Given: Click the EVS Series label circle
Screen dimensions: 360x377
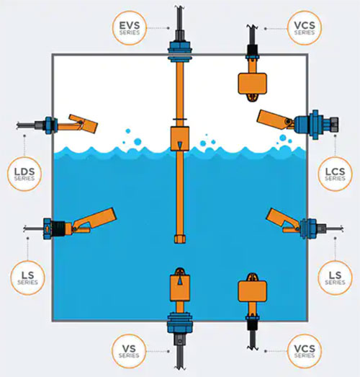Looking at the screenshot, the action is tap(130, 28).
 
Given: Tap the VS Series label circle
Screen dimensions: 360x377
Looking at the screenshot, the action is tap(129, 351).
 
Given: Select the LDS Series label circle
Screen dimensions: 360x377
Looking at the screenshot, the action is tap(24, 174).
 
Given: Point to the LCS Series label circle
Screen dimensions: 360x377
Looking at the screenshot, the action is tap(335, 174).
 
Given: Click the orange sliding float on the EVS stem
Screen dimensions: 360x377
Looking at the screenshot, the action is tap(179, 138).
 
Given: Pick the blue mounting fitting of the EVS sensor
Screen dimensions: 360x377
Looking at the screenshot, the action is tap(180, 51).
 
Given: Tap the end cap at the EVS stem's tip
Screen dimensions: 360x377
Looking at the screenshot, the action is tap(179, 239).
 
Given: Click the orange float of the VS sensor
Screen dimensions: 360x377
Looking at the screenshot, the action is tap(180, 288).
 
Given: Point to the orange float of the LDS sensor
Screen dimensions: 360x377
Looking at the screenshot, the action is tap(83, 124).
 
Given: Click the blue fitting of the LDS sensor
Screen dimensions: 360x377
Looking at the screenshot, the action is tap(50, 125).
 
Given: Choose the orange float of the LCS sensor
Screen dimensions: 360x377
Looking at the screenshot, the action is tap(272, 119).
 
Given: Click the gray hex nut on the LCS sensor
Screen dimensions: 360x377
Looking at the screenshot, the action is tap(334, 124).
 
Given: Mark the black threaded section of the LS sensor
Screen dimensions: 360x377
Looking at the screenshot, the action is tap(58, 229).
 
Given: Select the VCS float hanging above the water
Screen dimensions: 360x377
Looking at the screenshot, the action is tap(252, 84).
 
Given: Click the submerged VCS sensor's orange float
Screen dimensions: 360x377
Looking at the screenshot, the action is tap(252, 291).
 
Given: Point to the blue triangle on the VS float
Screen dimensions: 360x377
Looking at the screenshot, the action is tap(180, 281).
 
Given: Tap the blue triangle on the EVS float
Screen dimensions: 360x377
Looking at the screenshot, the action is tap(179, 144).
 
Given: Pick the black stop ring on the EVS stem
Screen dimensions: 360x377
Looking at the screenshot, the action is tap(179, 119).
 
